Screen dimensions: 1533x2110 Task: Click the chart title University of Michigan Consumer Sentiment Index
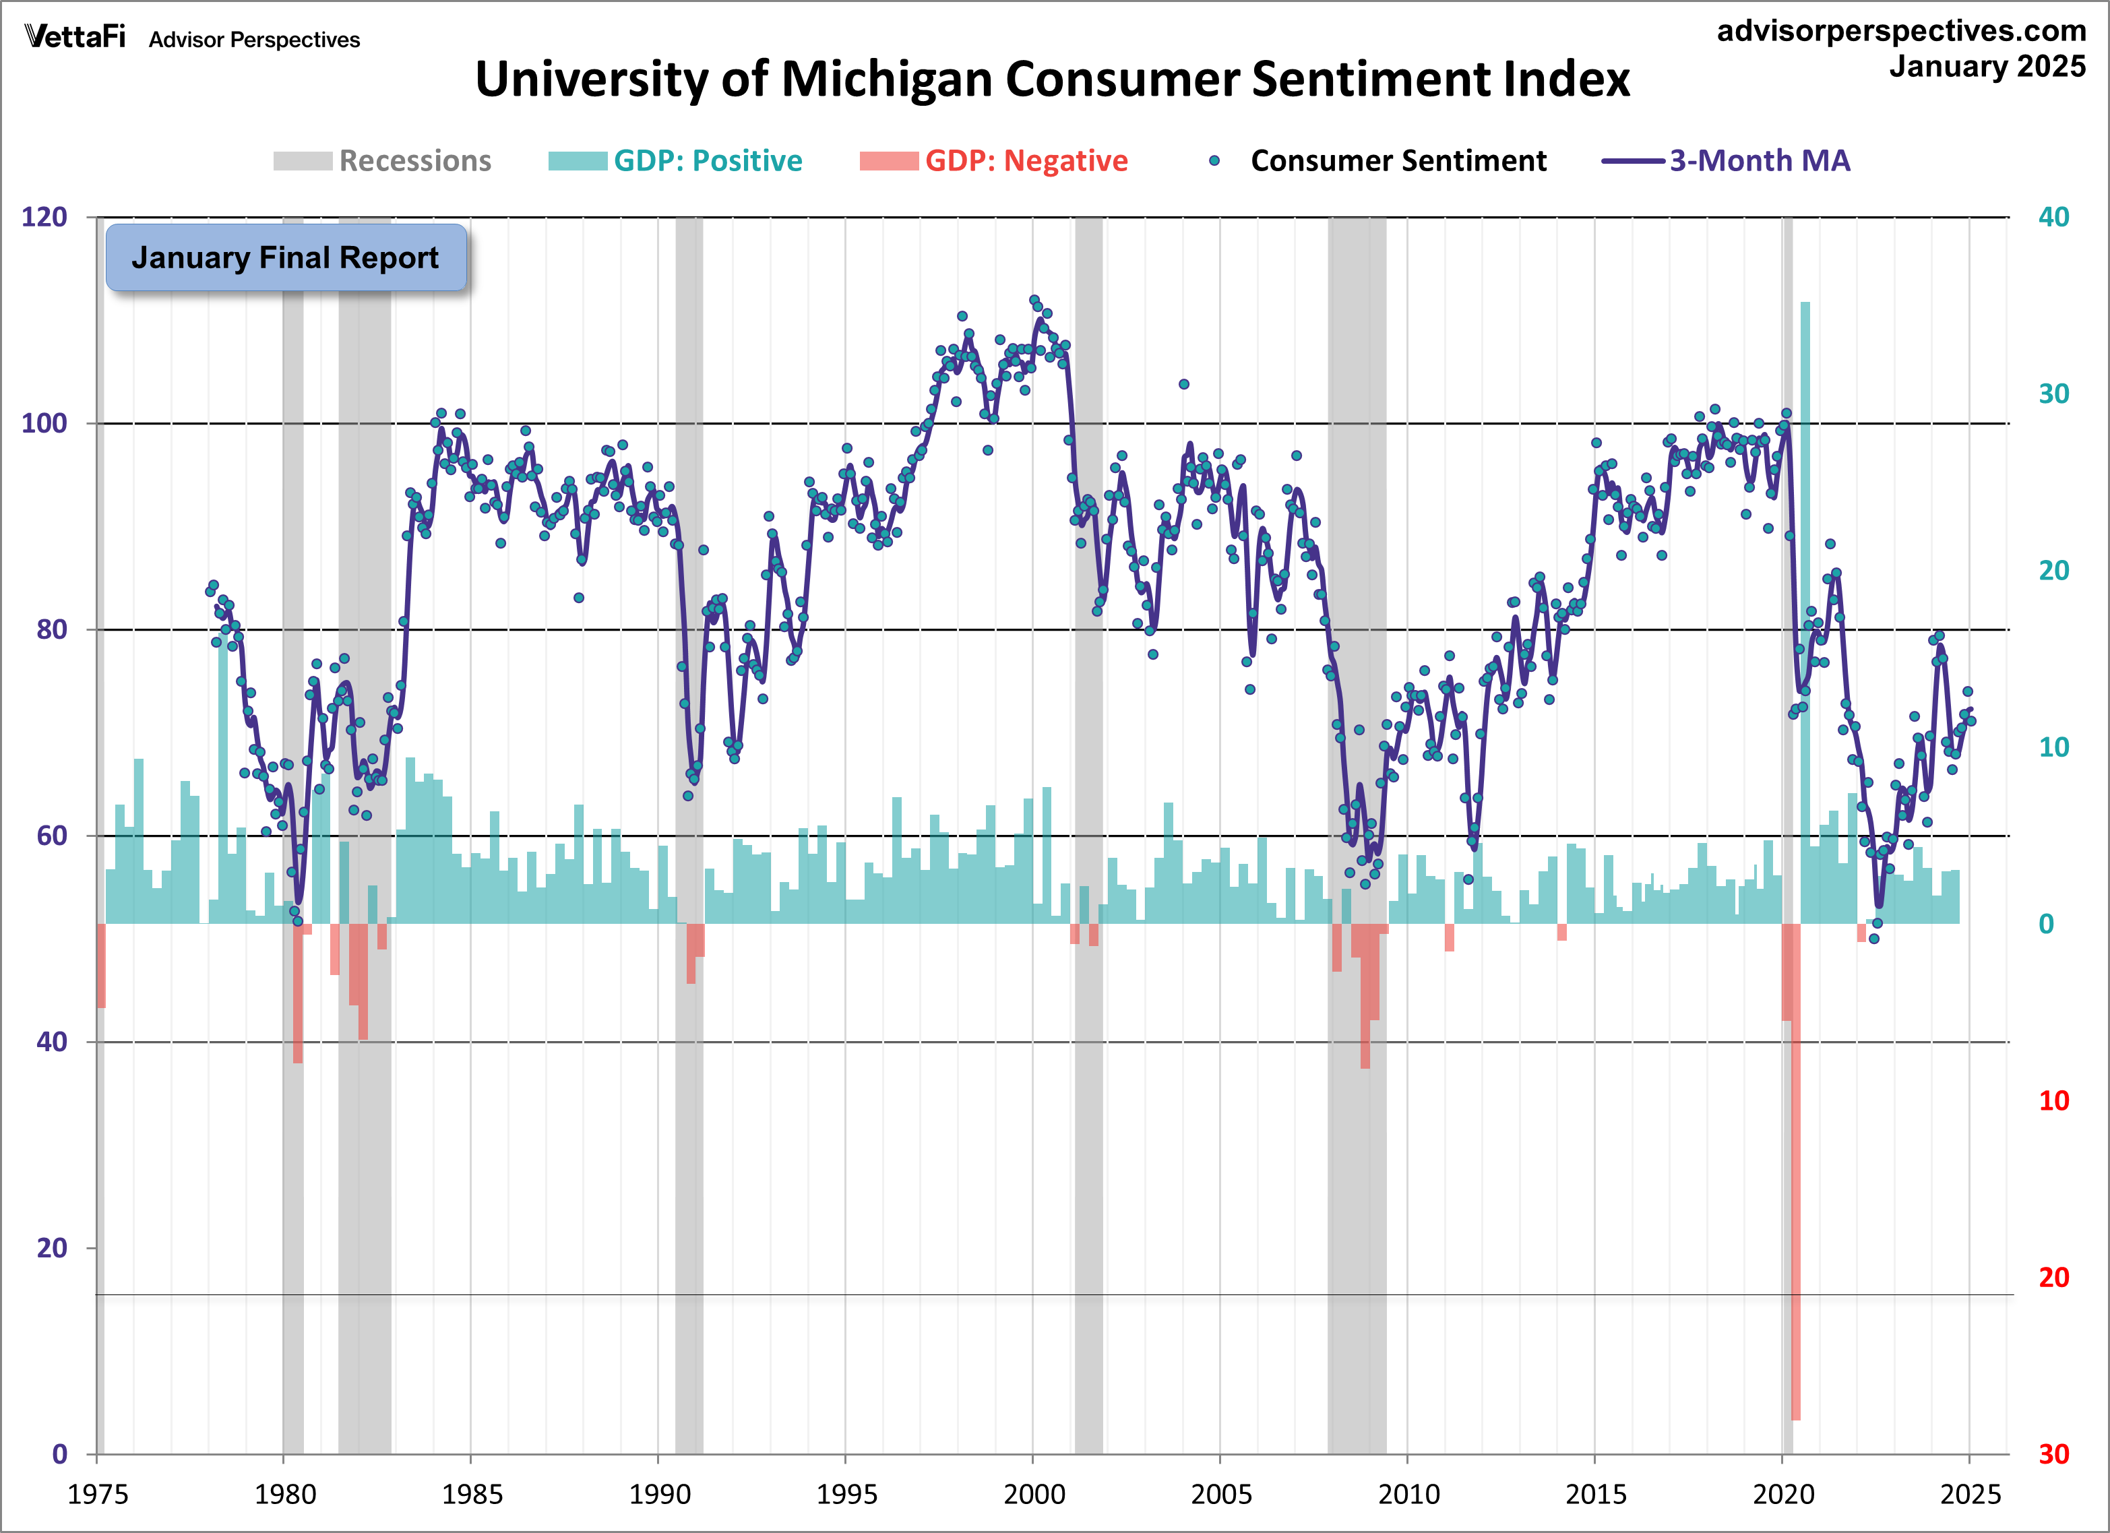[1051, 79]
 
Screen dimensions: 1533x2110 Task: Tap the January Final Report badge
[286, 257]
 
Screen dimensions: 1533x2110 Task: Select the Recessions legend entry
[382, 161]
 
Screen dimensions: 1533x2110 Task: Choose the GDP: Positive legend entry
[675, 161]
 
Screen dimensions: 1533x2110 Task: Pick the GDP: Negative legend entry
[993, 161]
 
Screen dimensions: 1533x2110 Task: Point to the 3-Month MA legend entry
[1727, 161]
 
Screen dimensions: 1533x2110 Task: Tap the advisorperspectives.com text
[1900, 31]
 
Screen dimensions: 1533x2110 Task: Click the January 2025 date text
[1987, 67]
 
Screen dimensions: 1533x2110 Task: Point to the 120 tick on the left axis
[44, 218]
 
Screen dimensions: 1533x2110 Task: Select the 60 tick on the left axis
[52, 836]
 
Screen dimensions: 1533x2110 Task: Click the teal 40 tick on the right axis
[2053, 218]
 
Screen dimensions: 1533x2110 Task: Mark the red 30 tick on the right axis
[2053, 1454]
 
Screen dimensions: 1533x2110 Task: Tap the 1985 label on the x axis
[472, 1495]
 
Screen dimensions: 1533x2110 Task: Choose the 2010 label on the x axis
[1408, 1495]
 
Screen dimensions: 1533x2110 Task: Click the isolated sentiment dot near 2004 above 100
[1183, 384]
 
